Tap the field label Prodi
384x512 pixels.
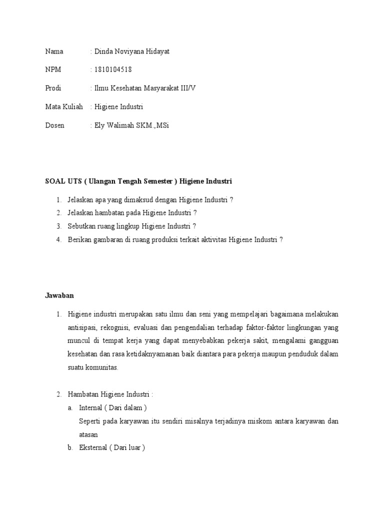(53, 88)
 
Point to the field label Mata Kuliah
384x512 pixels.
(64, 107)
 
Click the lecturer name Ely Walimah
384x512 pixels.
(114, 125)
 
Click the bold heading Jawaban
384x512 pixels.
(59, 295)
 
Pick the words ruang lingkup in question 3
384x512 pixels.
(119, 226)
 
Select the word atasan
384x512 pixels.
(88, 434)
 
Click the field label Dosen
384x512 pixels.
(54, 125)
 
